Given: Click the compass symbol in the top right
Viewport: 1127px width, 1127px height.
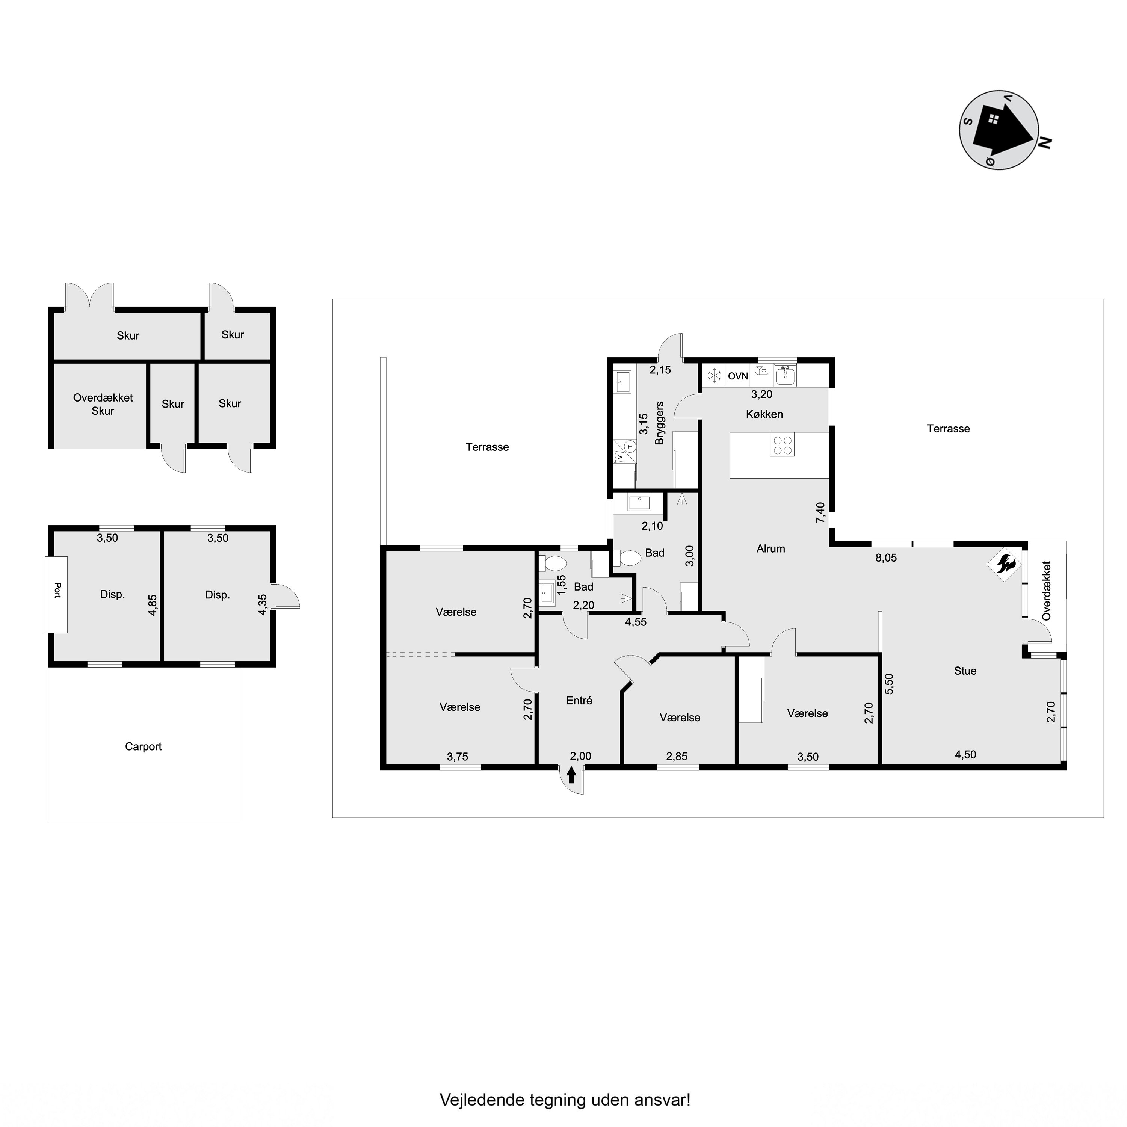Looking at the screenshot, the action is (x=999, y=130).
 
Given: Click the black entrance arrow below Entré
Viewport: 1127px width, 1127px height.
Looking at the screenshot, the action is (x=571, y=775).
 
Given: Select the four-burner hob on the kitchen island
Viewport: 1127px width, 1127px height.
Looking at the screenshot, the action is (x=782, y=446).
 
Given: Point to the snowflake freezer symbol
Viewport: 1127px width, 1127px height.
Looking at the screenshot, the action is (x=715, y=376).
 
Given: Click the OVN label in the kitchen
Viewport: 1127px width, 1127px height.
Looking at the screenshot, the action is (x=738, y=376).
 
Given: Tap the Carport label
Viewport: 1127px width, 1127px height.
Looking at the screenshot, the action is (x=144, y=747).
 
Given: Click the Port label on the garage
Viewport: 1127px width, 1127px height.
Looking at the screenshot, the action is (x=57, y=590).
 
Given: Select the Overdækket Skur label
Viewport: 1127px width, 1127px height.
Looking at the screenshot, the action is (x=103, y=404).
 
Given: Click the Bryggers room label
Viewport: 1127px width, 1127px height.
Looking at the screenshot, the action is (x=660, y=423).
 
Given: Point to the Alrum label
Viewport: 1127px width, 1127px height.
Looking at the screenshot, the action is (x=770, y=549).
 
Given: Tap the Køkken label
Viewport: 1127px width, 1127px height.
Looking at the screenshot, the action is (x=764, y=414).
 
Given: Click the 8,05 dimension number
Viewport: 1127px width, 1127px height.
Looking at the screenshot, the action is (x=886, y=557).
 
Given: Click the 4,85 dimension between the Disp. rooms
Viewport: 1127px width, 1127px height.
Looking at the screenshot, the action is (x=153, y=605).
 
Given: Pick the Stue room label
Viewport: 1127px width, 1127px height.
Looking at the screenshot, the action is (x=965, y=671).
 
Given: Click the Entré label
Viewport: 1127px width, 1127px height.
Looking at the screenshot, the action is (x=579, y=701).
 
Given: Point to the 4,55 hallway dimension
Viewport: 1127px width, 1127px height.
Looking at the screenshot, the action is (x=636, y=622).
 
